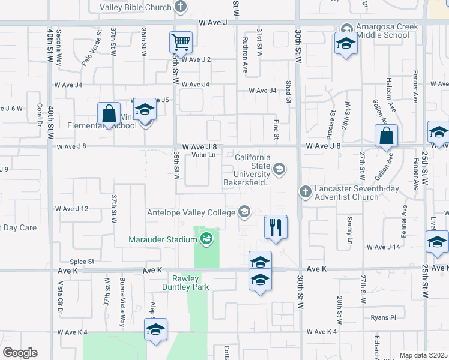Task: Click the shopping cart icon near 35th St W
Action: pos(181,43)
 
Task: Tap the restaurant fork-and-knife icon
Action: pos(276,227)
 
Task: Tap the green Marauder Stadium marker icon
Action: pos(206,239)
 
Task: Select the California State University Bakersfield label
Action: pos(253,170)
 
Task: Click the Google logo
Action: pos(20,353)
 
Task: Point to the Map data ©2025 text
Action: pos(424,355)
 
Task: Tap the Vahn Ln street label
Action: pos(203,155)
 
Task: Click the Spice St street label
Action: pos(82,262)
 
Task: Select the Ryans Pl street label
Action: pos(383,317)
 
